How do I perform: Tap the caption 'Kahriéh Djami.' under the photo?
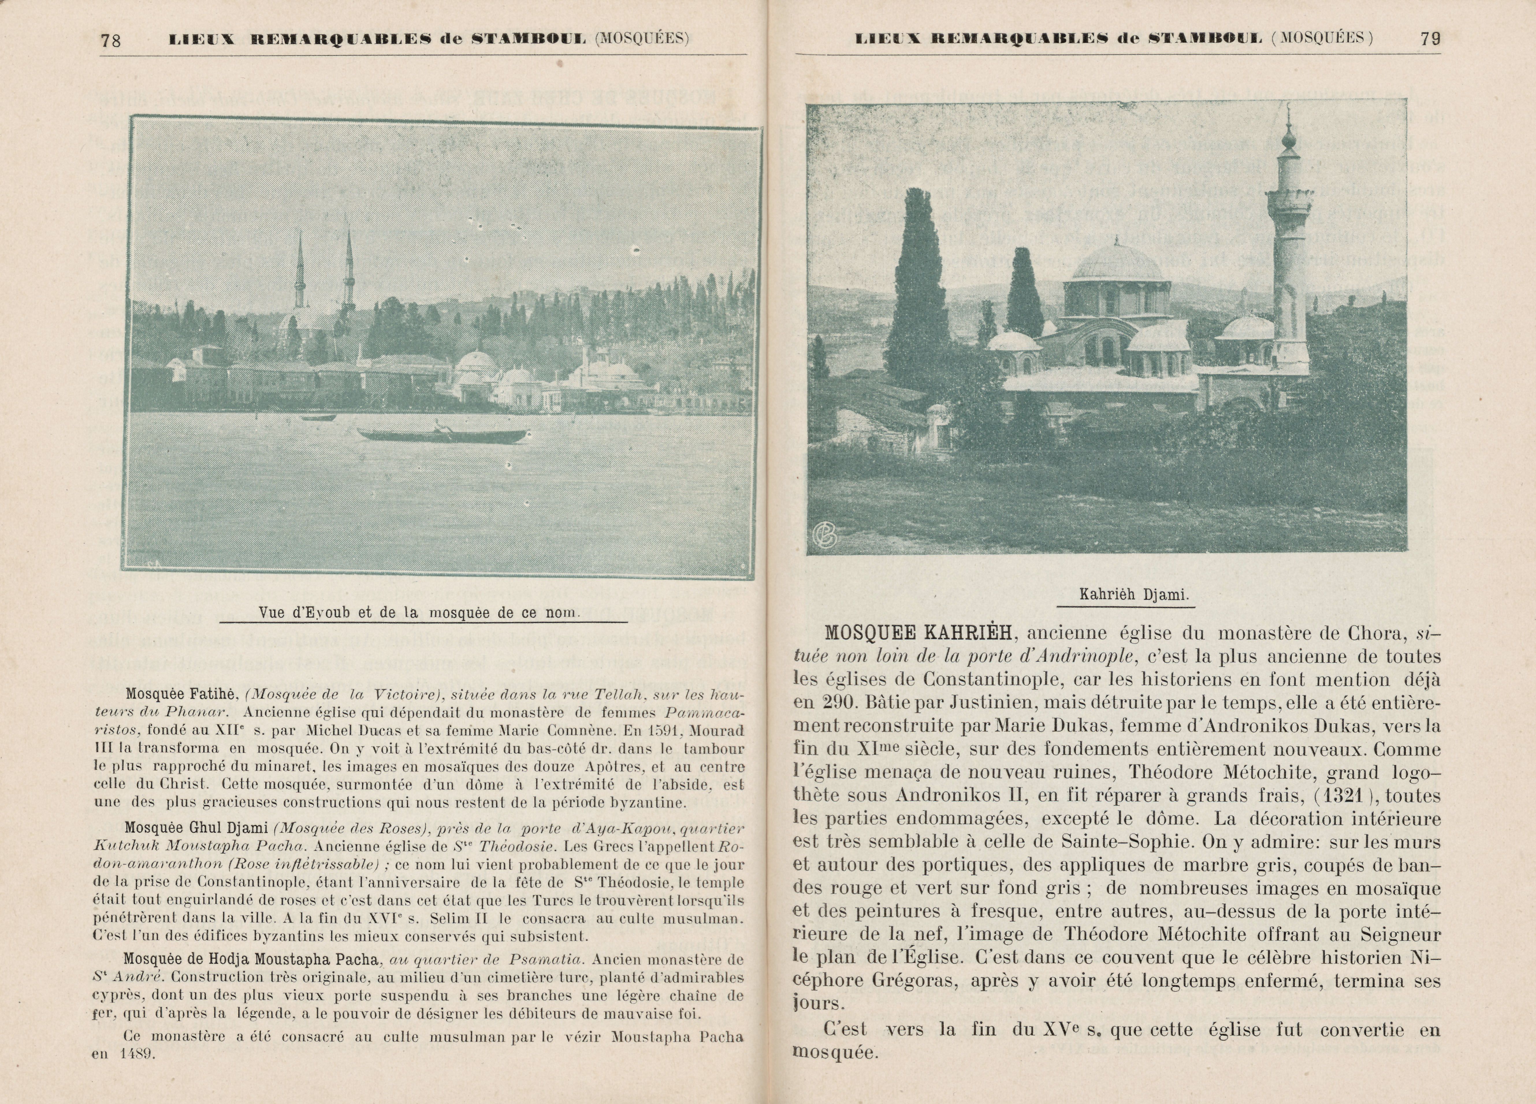pyautogui.click(x=1134, y=595)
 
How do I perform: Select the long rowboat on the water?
pyautogui.click(x=442, y=435)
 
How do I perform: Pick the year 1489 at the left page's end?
pyautogui.click(x=137, y=1054)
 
